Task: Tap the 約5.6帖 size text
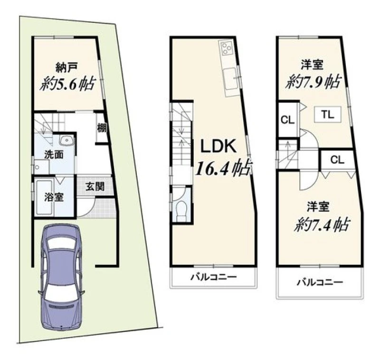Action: pos(67,84)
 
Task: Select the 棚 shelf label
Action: pos(102,128)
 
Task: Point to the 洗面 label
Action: pos(54,155)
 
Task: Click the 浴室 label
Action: pos(54,197)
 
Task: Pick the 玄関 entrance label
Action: pos(95,186)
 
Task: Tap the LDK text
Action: pos(218,146)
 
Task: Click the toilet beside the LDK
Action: pos(181,211)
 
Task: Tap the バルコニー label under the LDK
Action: pos(213,277)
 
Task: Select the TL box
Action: pos(328,115)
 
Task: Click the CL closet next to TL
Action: pos(288,120)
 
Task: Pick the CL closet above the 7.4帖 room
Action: pos(337,160)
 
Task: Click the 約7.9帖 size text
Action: pos(313,82)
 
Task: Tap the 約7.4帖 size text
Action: pos(322,224)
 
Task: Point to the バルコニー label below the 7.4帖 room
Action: pos(320,282)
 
